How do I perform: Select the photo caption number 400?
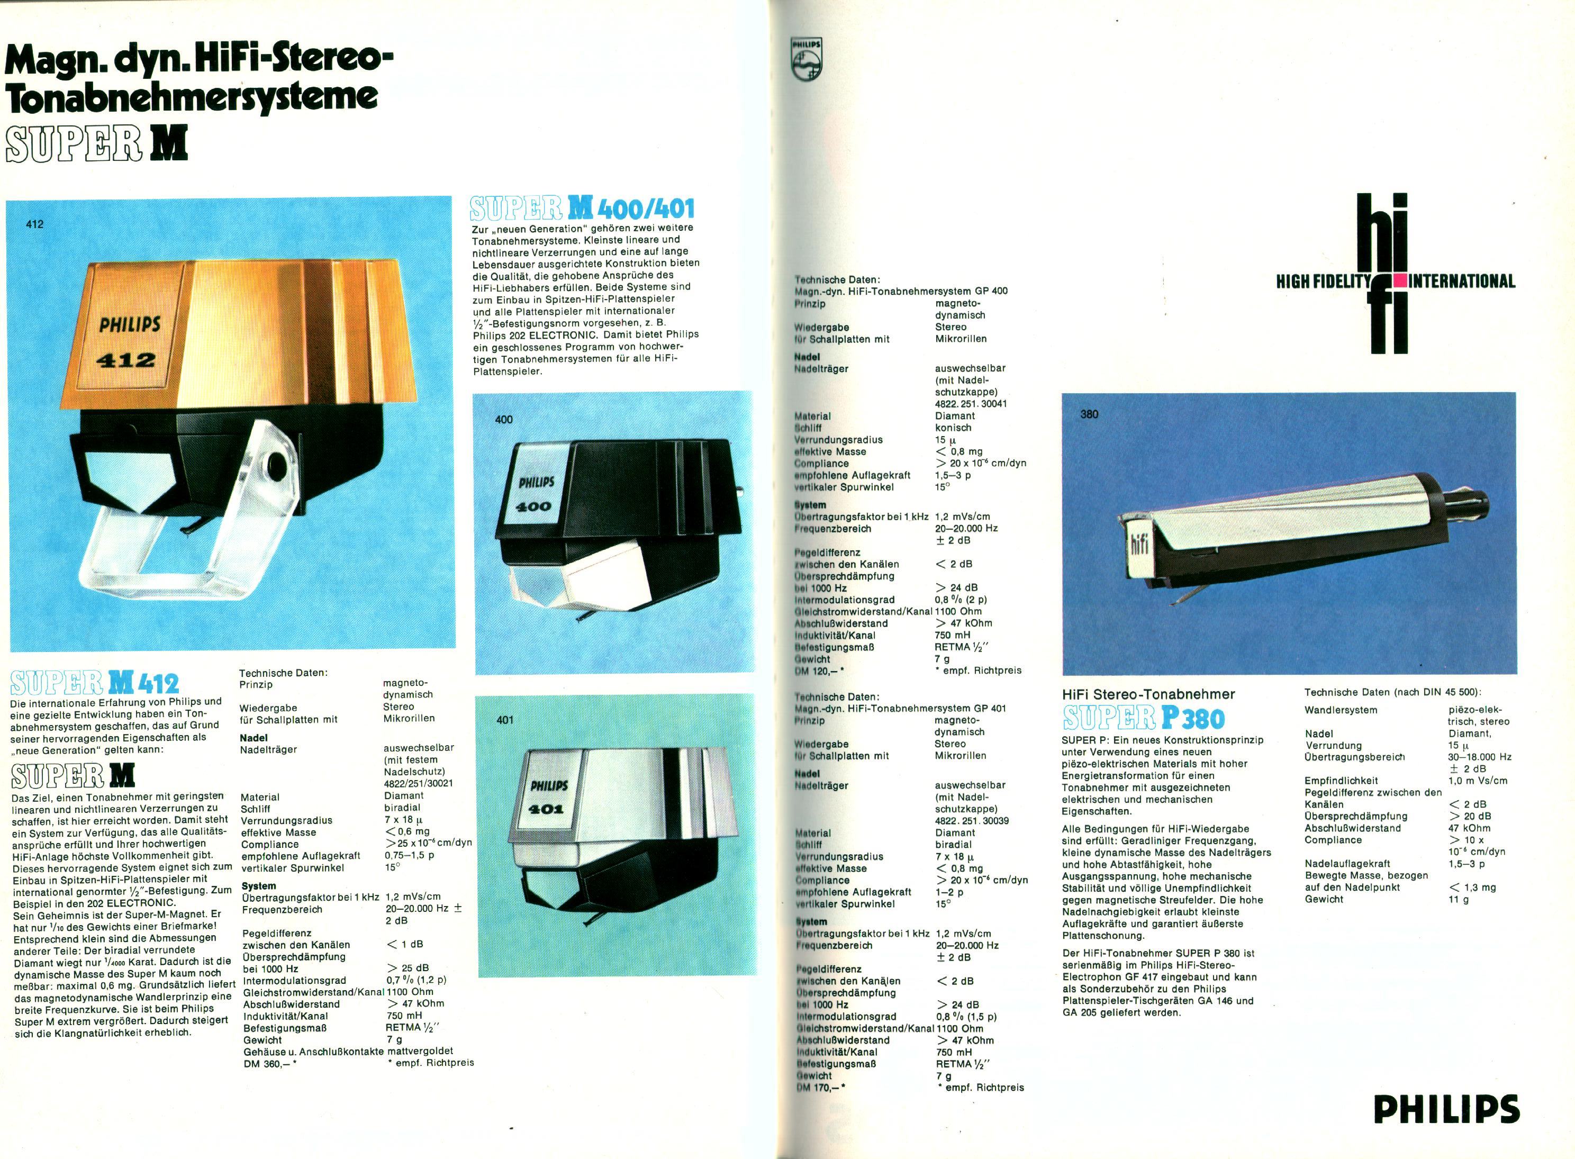tap(504, 420)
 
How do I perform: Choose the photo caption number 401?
tap(504, 719)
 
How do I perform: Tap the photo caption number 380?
tap(1090, 414)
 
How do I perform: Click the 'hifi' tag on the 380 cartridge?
tap(1140, 545)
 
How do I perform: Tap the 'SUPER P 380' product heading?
tap(1144, 718)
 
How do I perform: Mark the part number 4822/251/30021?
tap(418, 783)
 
